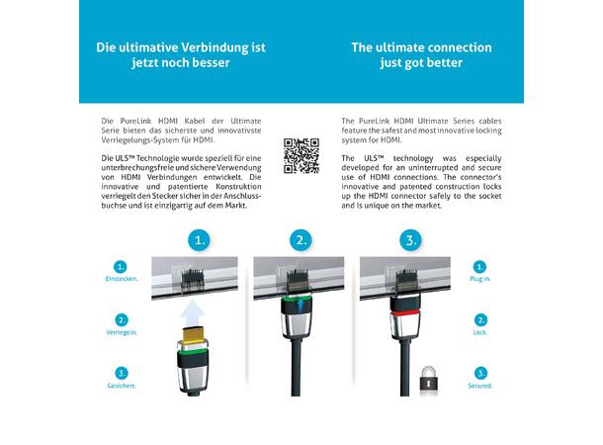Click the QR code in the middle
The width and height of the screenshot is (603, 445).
(x=301, y=156)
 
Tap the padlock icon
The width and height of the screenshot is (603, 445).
(x=428, y=381)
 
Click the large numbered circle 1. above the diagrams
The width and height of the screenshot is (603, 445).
(x=200, y=240)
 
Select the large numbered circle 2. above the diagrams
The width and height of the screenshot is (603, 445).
(x=301, y=240)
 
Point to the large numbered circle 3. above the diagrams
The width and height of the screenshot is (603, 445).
(x=410, y=240)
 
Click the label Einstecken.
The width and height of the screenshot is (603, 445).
(x=122, y=279)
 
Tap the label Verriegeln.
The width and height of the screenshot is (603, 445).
(x=122, y=332)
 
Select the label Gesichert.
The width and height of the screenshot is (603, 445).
(x=122, y=386)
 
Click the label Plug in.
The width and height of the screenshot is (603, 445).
(x=480, y=279)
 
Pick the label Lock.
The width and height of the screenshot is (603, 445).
(x=480, y=332)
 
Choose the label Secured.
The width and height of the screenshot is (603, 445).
(x=480, y=386)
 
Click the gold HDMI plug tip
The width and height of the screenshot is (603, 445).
(x=194, y=334)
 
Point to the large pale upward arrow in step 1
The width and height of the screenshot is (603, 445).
(x=192, y=313)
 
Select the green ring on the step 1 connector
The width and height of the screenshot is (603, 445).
(x=193, y=351)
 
